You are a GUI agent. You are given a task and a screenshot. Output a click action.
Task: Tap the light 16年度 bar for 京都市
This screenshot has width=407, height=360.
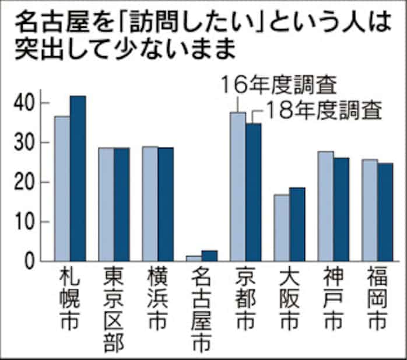[237, 186]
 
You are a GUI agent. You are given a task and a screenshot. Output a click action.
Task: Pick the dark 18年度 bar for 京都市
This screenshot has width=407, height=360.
[253, 192]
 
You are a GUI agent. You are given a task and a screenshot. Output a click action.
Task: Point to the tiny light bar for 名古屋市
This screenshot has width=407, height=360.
[193, 258]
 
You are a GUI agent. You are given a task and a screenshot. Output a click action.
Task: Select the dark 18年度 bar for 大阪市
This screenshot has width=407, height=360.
[297, 224]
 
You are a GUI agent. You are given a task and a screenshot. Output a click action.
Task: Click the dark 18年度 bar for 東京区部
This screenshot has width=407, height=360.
[121, 204]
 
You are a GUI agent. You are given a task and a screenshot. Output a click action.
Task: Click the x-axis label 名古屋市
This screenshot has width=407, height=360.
[201, 309]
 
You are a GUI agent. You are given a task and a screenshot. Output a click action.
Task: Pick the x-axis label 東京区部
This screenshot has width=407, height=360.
[114, 309]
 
